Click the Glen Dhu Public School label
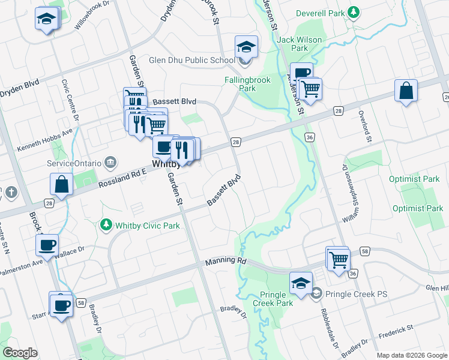(x=191, y=60)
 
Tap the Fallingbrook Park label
(x=247, y=84)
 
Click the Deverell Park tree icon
(x=354, y=12)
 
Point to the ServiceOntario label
(x=75, y=163)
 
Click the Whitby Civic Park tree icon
(x=106, y=225)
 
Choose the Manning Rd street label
(x=226, y=262)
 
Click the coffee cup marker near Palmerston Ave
(x=47, y=244)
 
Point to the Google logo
(x=20, y=353)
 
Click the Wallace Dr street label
(x=70, y=254)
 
